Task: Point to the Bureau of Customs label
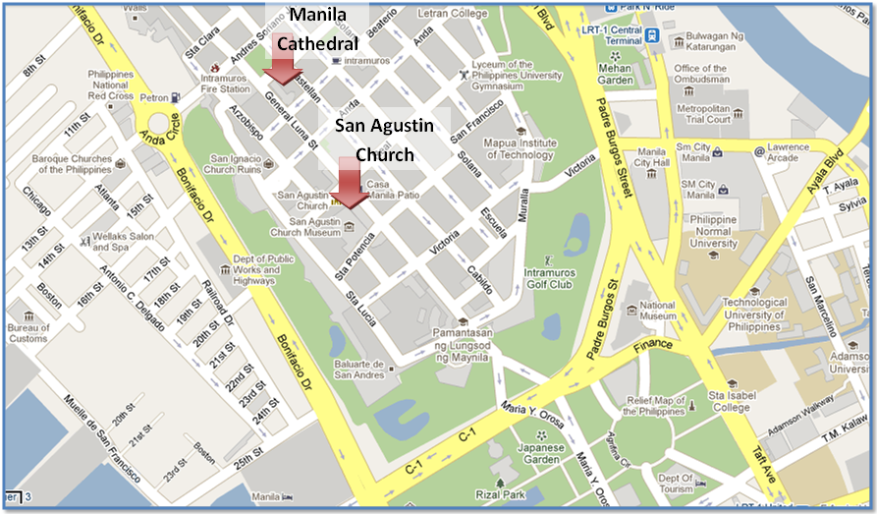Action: pyautogui.click(x=28, y=333)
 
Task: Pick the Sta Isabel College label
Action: pyautogui.click(x=731, y=401)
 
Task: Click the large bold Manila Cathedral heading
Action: pyautogui.click(x=316, y=29)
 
